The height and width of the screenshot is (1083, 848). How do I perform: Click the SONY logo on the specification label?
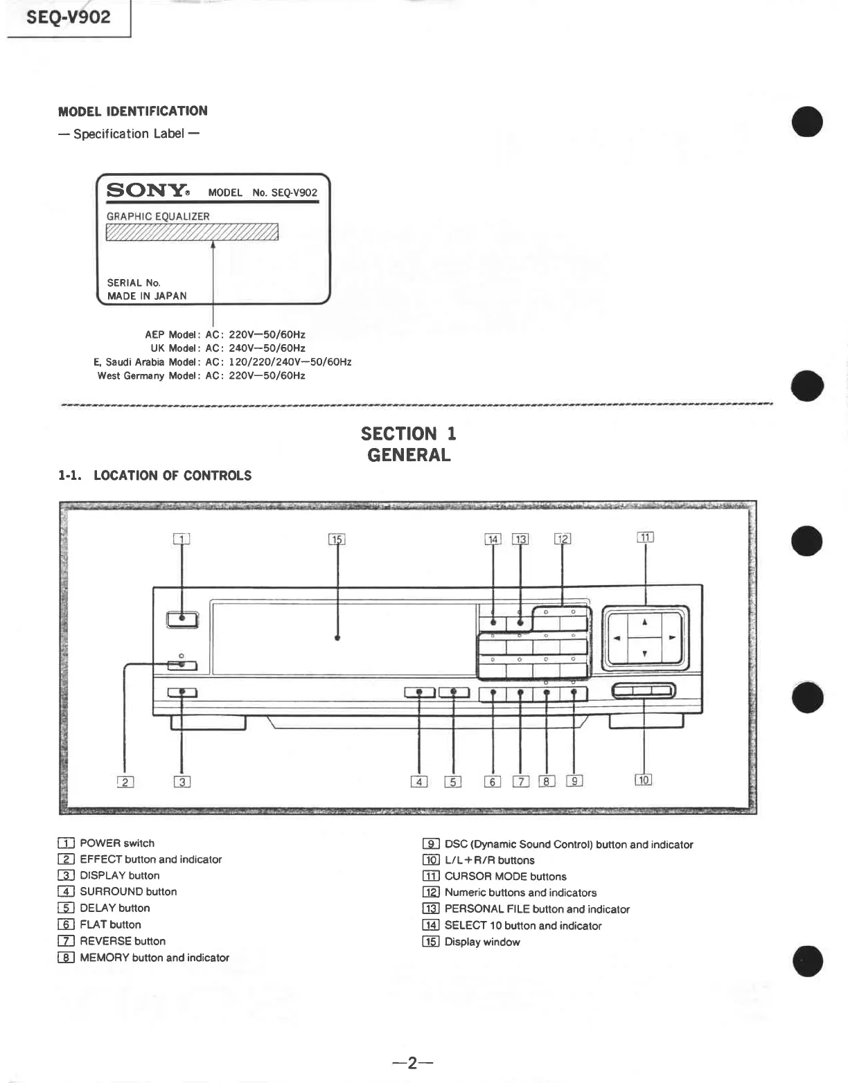coord(148,190)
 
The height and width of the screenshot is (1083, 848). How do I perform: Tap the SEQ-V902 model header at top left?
coord(67,17)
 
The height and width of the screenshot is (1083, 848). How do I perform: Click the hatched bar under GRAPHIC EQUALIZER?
coord(192,232)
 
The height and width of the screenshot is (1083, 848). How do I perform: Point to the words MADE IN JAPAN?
coord(147,296)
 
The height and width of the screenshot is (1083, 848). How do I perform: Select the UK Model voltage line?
coord(228,348)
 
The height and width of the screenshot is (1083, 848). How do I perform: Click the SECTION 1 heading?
coord(408,434)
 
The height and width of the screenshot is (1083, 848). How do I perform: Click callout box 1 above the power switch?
coord(182,539)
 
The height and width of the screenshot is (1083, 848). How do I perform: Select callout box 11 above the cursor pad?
coord(645,537)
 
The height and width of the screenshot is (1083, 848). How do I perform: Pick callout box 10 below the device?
coord(644,780)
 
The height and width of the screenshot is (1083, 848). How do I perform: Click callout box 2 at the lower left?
coord(125,782)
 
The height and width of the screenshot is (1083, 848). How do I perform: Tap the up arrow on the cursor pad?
coord(644,622)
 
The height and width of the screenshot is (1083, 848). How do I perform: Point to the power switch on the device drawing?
coord(182,618)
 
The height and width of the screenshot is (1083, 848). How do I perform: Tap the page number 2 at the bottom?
coord(412,1063)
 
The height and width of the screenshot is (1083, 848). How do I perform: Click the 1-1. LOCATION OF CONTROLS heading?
coord(155,476)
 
